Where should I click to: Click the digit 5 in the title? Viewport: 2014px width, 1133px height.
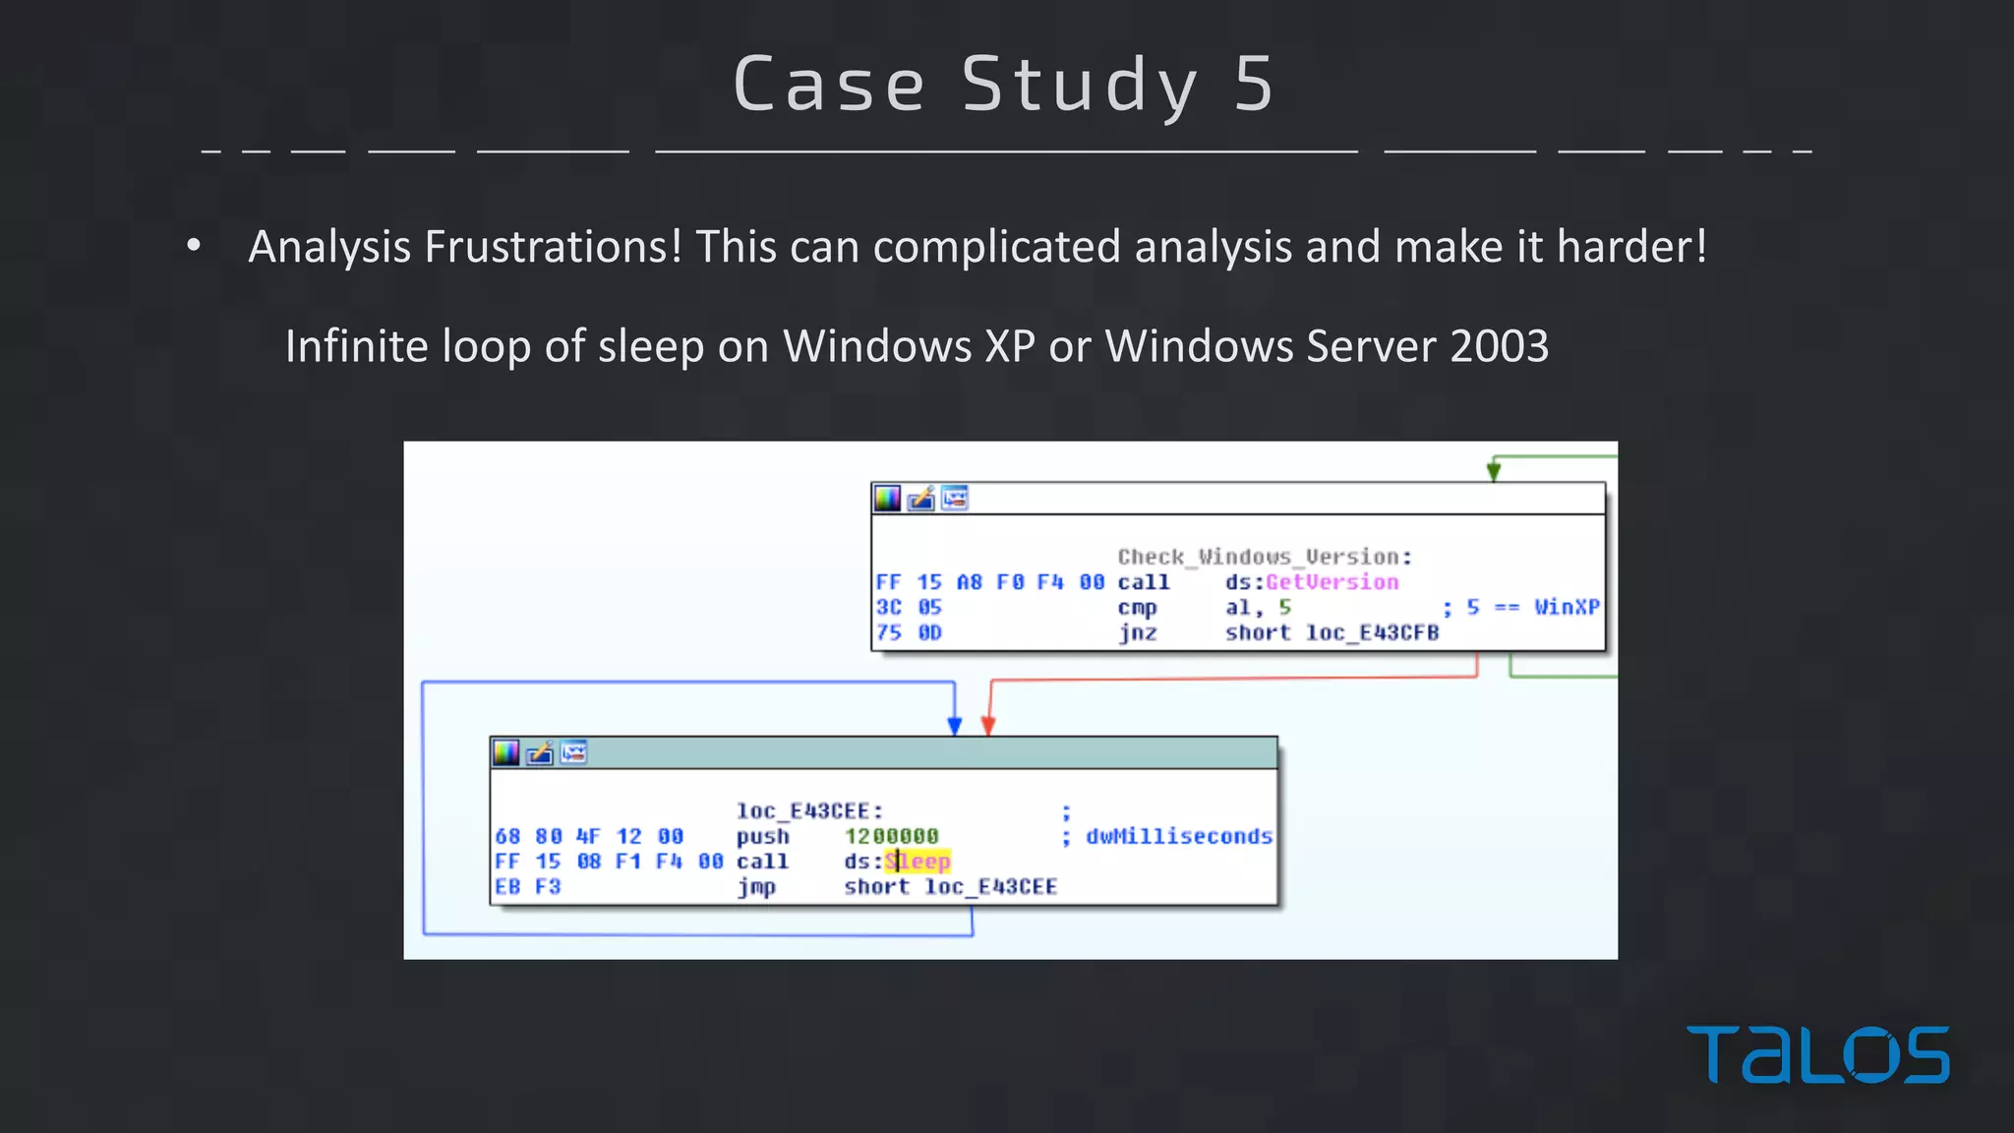click(x=1254, y=85)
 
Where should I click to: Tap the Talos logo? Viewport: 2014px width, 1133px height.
click(x=1817, y=1054)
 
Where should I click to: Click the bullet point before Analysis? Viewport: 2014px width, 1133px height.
click(x=194, y=246)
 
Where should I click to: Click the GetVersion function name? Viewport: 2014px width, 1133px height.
click(x=1332, y=582)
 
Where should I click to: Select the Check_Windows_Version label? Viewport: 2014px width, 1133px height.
click(x=1264, y=557)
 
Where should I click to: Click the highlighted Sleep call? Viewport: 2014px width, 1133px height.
click(x=918, y=862)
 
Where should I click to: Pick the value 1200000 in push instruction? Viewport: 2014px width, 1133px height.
click(x=891, y=836)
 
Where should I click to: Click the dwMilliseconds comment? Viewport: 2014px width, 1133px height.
click(x=1178, y=836)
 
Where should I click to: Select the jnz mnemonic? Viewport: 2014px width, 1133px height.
click(x=1137, y=632)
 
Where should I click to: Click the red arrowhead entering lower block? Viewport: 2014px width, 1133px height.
click(x=988, y=726)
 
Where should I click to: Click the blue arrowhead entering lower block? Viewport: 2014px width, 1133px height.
click(x=954, y=726)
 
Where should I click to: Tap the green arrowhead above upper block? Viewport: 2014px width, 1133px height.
click(x=1494, y=472)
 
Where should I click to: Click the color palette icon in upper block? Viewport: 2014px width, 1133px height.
click(x=888, y=499)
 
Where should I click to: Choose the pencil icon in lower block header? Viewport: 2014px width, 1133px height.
click(x=539, y=753)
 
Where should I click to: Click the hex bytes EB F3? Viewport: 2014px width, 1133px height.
click(x=527, y=887)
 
